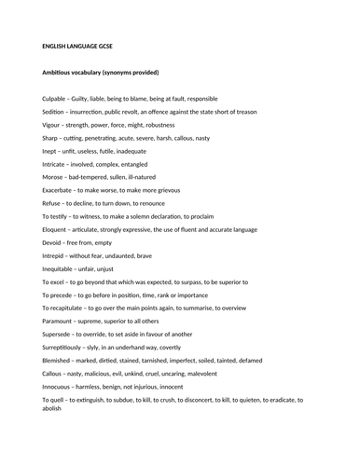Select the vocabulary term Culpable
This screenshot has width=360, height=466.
[58, 98]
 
